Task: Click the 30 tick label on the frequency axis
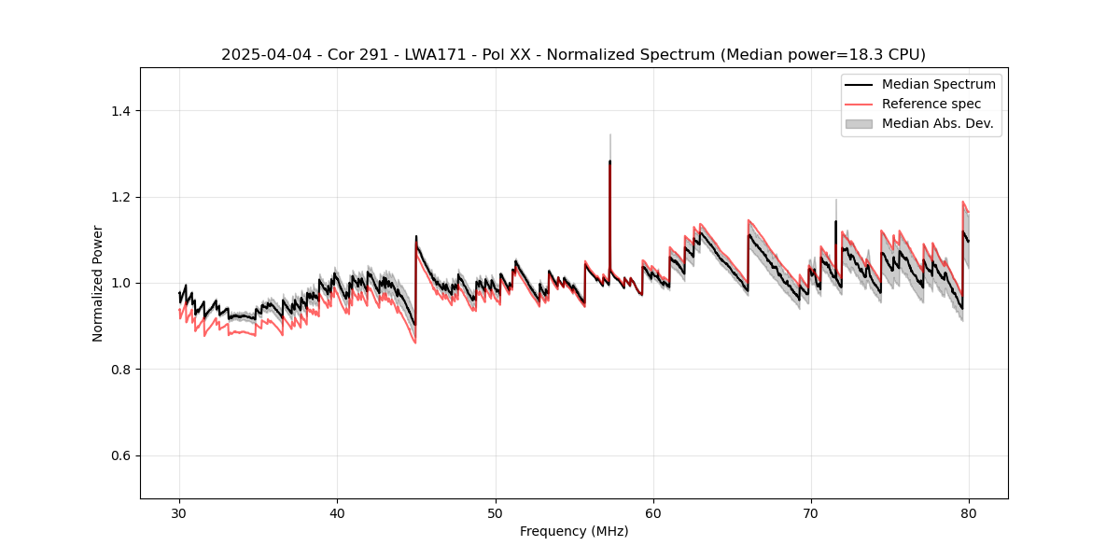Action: [179, 512]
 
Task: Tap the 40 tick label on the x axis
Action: [337, 512]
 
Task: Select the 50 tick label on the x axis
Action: [495, 512]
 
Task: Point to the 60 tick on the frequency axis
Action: [653, 512]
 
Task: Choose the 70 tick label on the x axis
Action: [811, 512]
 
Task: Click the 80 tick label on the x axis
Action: [969, 512]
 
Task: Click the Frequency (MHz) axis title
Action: [574, 531]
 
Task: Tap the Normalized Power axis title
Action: [98, 283]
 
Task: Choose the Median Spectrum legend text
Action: [938, 84]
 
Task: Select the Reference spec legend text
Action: [931, 104]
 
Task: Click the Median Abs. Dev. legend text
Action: [938, 123]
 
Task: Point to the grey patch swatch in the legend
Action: [859, 123]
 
